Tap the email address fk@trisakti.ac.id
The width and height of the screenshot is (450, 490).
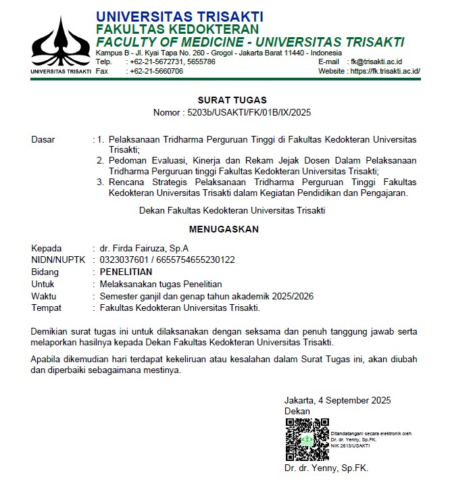[385, 62]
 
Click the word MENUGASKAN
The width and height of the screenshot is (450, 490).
[224, 229]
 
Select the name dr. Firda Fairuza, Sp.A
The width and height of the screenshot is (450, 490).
[144, 248]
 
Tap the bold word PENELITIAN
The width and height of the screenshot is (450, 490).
[126, 272]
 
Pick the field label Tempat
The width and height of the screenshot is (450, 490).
[46, 308]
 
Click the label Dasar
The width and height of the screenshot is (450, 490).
[44, 140]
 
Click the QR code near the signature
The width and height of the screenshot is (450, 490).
[306, 440]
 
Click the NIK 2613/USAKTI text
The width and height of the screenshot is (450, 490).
[350, 446]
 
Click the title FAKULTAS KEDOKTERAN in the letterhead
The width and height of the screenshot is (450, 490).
[177, 29]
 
